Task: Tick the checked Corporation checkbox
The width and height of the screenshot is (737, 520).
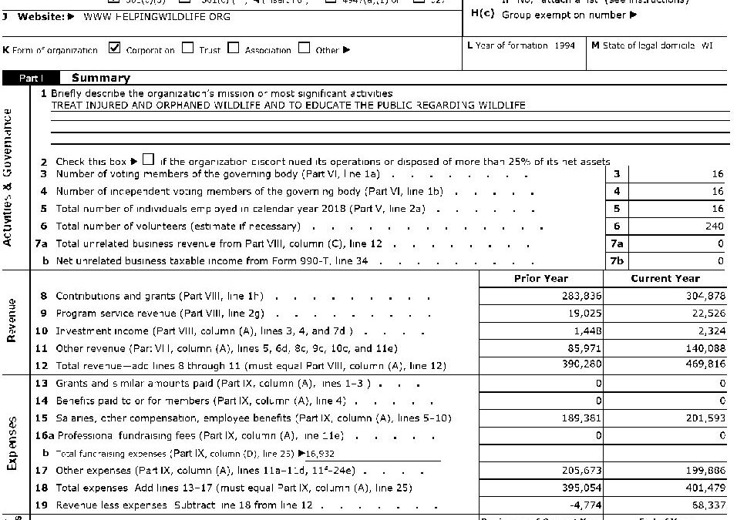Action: [x=114, y=49]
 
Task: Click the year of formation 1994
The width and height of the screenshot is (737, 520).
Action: [x=564, y=46]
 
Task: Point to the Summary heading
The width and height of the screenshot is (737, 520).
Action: [x=100, y=78]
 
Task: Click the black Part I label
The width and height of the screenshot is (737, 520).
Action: [x=32, y=78]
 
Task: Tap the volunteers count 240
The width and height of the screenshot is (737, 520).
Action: [x=714, y=226]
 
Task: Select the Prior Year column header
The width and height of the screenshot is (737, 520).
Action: [x=540, y=278]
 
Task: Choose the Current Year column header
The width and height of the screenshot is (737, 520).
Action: [x=665, y=278]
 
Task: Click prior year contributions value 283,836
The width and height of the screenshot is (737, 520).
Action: [x=584, y=296]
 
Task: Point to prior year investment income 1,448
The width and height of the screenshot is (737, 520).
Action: [x=589, y=330]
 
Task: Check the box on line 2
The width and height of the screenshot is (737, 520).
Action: [x=148, y=160]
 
